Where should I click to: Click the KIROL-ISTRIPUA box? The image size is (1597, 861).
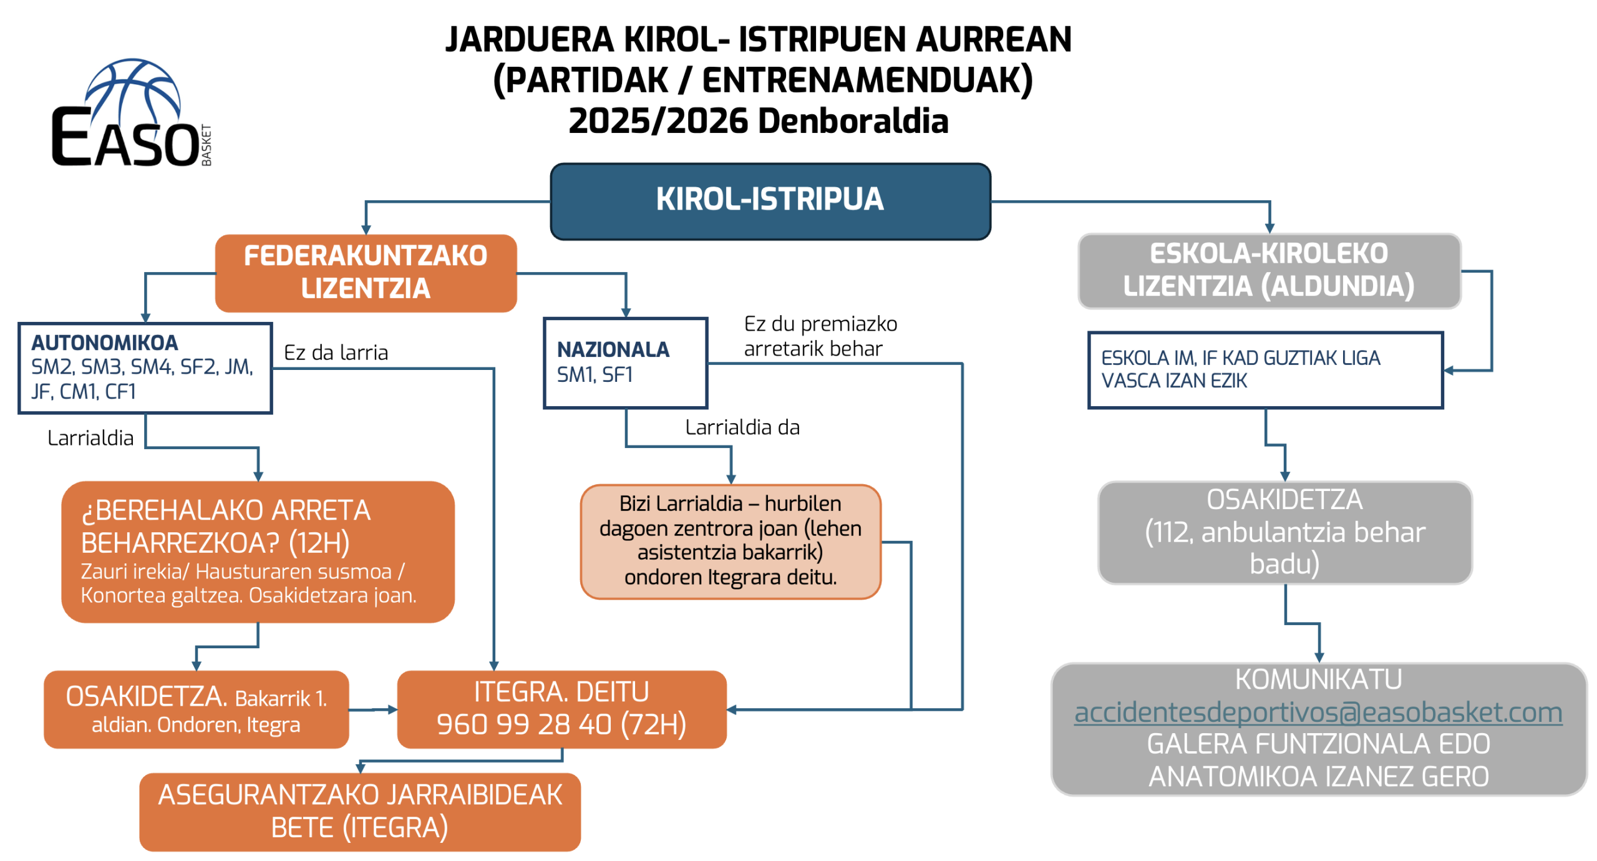pos(769,200)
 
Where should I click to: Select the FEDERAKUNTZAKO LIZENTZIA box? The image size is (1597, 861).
pos(365,272)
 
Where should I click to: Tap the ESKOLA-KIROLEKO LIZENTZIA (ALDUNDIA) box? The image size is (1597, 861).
pos(1268,270)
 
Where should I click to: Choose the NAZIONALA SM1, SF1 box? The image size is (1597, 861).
pos(624,362)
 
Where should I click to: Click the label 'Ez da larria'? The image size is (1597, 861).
pos(336,353)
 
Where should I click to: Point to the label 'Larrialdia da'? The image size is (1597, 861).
pos(742,427)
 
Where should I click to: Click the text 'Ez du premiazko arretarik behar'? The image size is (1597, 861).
pos(820,336)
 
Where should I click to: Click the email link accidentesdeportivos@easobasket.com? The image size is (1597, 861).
pos(1317,712)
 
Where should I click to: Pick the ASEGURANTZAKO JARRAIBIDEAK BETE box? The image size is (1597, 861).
pos(359,810)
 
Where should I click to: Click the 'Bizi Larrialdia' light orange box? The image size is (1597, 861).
pos(730,540)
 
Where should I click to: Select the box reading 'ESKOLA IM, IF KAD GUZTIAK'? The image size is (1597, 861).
pos(1264,369)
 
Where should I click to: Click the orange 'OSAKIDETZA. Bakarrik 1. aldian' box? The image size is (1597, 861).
pos(196,709)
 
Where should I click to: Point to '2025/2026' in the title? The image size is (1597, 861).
pos(658,120)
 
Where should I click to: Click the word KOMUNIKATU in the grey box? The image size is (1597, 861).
pos(1318,679)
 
